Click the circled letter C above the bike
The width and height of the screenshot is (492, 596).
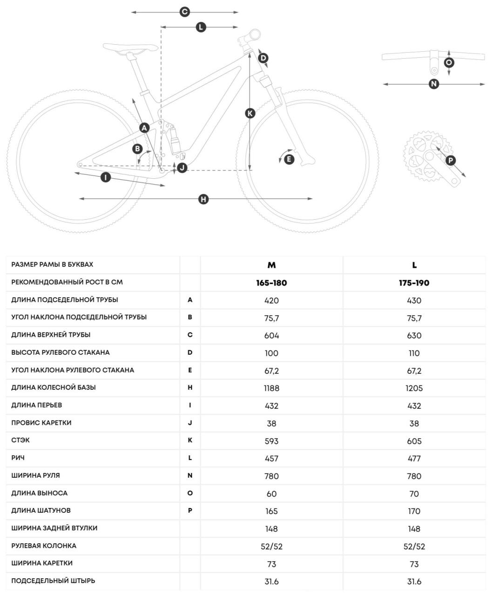coord(185,12)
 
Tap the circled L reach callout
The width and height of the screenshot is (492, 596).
coord(201,27)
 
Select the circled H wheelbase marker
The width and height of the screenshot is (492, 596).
coord(203,199)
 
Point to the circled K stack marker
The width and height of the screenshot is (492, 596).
coord(250,113)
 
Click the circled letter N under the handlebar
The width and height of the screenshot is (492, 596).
coord(434,84)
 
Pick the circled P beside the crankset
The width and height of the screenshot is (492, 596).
coord(450,161)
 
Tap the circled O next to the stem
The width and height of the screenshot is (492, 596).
coord(449,62)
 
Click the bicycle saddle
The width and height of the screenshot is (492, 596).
coord(130,48)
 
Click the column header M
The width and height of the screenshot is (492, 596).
coord(271,265)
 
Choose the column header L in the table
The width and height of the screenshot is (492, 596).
coord(414,265)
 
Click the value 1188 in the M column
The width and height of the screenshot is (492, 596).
coord(271,388)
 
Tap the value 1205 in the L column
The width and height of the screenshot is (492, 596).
coord(414,388)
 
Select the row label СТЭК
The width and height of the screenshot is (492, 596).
coord(21,440)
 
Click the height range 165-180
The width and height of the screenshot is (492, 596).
coord(271,283)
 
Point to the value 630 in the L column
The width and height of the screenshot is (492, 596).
coord(414,335)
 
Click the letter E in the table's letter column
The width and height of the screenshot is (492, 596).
coord(190,370)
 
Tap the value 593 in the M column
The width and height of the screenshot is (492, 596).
coord(271,440)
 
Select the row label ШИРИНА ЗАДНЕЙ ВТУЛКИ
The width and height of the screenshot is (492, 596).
coord(54,528)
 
